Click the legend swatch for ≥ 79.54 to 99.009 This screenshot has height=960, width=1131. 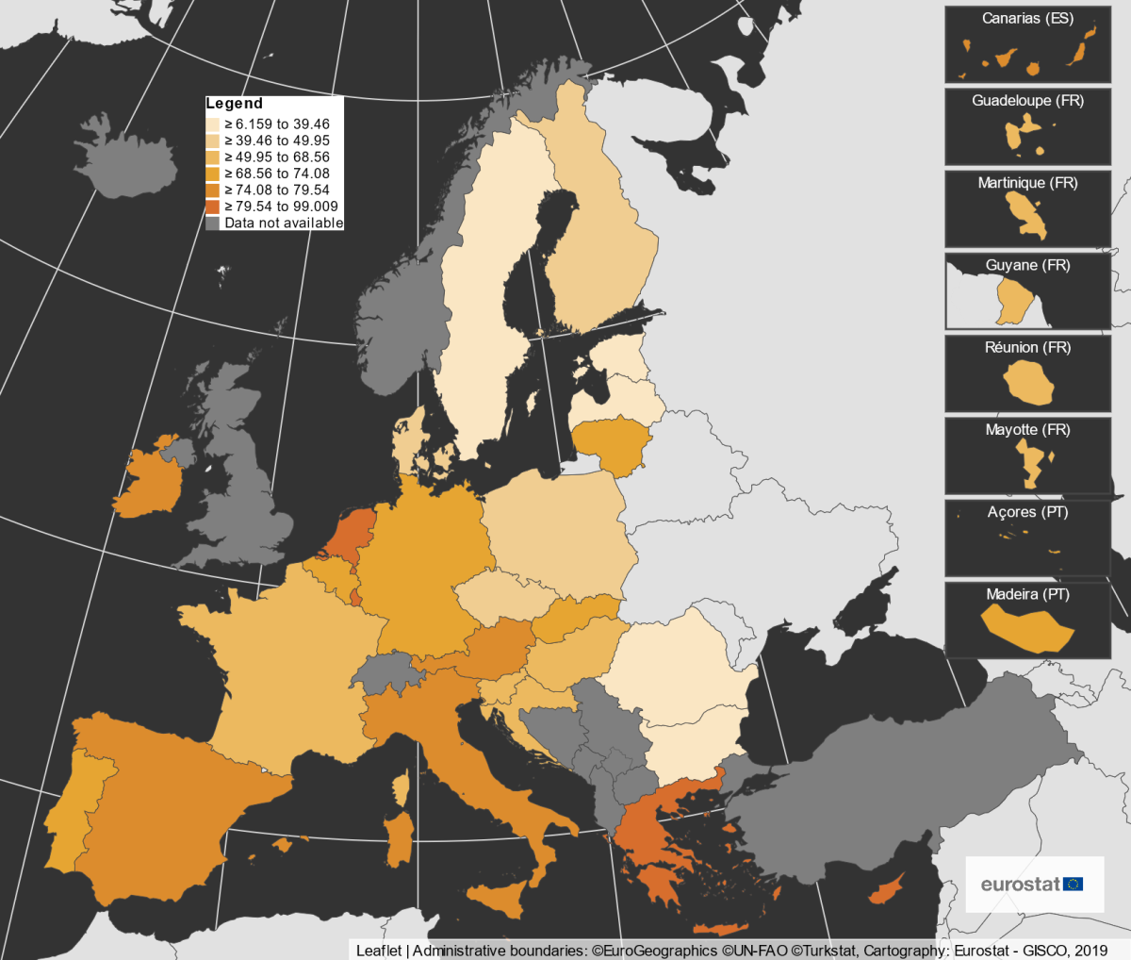click(x=213, y=207)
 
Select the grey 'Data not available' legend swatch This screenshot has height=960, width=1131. click(x=213, y=223)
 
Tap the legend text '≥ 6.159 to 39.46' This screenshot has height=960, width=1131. click(x=277, y=124)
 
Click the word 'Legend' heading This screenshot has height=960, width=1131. click(x=234, y=104)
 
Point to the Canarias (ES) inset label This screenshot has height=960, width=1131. click(x=1027, y=19)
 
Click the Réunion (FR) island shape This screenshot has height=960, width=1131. click(x=1027, y=383)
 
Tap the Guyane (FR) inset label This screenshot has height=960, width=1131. click(x=1027, y=266)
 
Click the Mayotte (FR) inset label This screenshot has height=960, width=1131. click(x=1027, y=430)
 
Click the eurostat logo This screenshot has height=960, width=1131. click(x=1033, y=885)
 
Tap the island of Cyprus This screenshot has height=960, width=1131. click(x=885, y=889)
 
